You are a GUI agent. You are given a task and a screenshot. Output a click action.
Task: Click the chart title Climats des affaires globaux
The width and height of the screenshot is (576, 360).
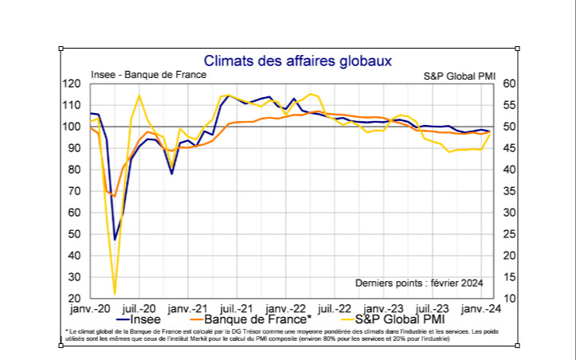297,60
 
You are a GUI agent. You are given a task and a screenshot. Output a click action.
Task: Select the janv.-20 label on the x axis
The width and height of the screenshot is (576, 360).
90,308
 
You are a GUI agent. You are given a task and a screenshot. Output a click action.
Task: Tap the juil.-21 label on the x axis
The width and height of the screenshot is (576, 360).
237,308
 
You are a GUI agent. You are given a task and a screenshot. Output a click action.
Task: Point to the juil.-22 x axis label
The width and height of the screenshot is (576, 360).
335,308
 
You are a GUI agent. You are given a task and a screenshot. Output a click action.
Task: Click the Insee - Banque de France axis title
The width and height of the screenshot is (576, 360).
148,75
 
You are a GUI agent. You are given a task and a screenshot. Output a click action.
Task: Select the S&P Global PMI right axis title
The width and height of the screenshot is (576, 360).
459,75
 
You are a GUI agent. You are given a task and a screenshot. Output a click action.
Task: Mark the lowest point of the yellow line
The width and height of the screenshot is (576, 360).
115,294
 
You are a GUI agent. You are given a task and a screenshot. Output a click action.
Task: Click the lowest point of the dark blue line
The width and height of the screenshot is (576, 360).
115,239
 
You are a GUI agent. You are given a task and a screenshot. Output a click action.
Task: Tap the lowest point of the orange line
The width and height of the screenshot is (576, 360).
115,196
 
